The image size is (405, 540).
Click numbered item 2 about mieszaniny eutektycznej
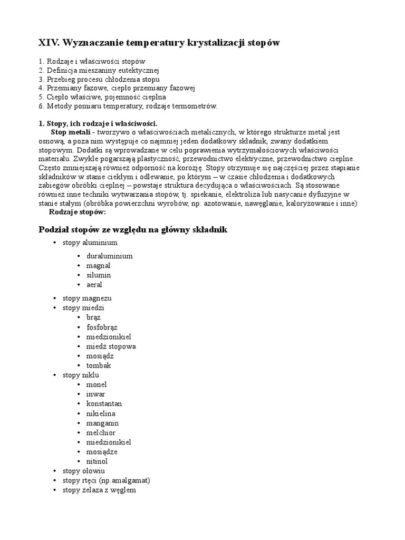coord(99,70)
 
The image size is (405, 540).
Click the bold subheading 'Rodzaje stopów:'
coord(77,211)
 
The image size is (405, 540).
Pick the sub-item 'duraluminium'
coord(109,256)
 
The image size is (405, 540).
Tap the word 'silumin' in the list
coord(99,275)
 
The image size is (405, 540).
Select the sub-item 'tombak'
coord(99,365)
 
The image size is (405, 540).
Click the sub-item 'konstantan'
coord(104,403)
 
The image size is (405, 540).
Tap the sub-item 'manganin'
coord(102,423)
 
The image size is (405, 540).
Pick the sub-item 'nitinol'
coord(97,461)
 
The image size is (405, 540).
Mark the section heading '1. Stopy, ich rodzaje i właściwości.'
coord(98,123)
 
